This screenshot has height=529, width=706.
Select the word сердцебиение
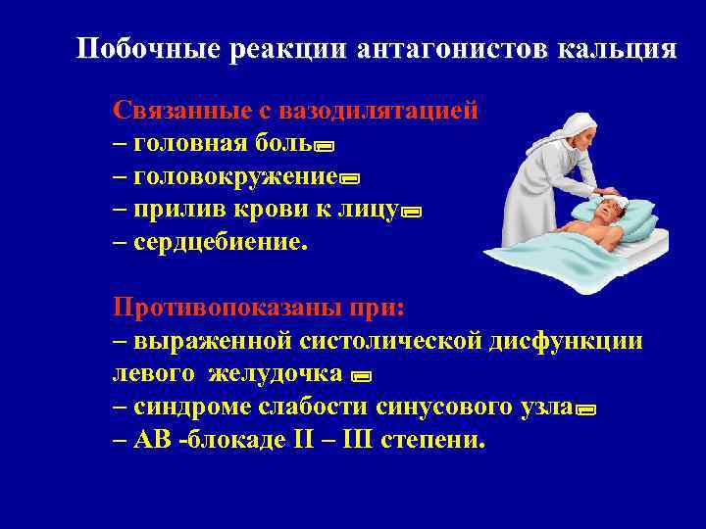(x=220, y=242)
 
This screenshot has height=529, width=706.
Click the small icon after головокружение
(x=350, y=180)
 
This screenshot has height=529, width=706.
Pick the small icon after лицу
(x=411, y=213)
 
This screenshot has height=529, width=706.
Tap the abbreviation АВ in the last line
(x=145, y=440)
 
